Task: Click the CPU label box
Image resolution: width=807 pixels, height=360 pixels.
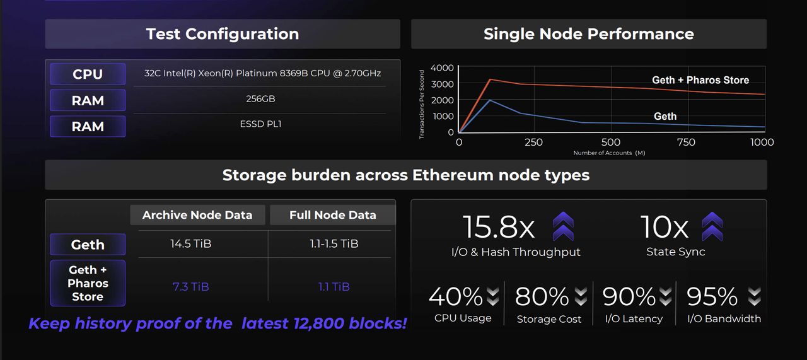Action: pos(88,74)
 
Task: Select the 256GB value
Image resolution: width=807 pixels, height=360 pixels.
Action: pos(260,99)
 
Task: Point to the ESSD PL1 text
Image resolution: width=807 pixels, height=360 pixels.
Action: pos(260,124)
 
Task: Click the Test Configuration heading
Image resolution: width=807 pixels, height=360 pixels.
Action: pos(223,34)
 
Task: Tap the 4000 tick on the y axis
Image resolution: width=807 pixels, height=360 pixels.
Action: pos(442,67)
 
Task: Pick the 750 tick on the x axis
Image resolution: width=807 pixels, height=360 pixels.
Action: pos(686,142)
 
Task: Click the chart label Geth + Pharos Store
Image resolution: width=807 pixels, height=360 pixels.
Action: pos(700,80)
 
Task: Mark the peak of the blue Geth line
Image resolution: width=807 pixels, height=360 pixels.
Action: pos(490,100)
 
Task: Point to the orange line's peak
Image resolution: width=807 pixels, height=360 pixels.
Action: pos(490,79)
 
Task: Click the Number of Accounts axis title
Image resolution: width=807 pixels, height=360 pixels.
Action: pos(609,153)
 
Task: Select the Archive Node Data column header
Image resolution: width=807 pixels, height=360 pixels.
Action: pos(197,215)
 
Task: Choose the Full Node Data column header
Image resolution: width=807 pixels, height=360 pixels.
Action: pos(333,215)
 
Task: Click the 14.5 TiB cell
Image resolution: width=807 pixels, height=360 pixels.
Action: pos(191,243)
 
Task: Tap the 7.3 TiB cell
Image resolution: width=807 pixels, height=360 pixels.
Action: pos(191,286)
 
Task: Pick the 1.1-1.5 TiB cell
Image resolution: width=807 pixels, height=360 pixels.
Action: pos(334,243)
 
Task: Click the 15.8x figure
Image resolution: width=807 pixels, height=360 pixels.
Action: pos(499,227)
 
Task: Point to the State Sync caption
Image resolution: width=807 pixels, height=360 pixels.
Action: pos(676,252)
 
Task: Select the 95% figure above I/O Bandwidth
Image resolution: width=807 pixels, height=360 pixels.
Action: pos(712,296)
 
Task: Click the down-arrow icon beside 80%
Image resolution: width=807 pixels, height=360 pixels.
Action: pos(581,296)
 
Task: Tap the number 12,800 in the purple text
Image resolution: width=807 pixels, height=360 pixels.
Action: pos(318,324)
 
